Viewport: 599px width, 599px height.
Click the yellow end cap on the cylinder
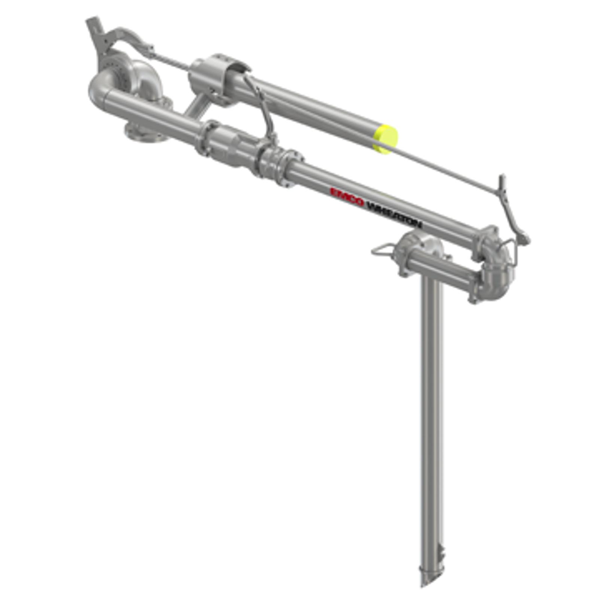386,139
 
